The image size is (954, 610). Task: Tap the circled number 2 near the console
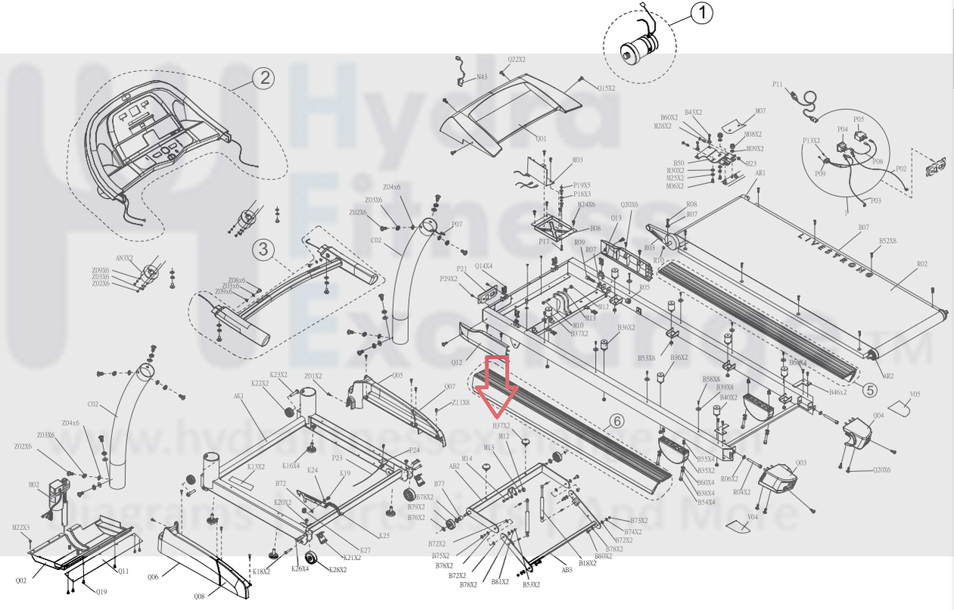coord(263,76)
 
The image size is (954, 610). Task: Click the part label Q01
coord(541,138)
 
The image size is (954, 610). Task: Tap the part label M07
coord(760,111)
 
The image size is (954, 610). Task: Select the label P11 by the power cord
coord(777,84)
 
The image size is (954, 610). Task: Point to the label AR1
coord(760,173)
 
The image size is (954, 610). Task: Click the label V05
coord(915,394)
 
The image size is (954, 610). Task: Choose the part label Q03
coord(801,463)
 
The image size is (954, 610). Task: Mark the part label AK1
coord(239,396)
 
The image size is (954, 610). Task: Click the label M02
coord(34,485)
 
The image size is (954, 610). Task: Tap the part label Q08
coord(199,596)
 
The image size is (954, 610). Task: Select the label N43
coord(482,76)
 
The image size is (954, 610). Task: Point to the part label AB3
coord(566,570)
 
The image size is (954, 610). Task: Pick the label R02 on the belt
coord(921,264)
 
